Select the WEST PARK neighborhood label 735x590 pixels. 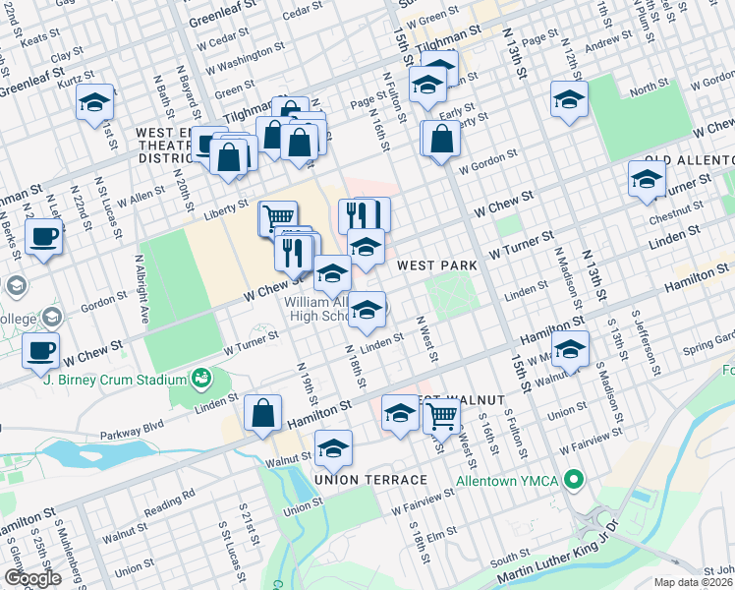pyautogui.click(x=436, y=265)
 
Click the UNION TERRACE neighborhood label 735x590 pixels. pyautogui.click(x=370, y=479)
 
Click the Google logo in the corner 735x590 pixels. pyautogui.click(x=31, y=578)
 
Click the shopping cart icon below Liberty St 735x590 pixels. pyautogui.click(x=278, y=215)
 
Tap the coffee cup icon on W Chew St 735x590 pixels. pyautogui.click(x=41, y=350)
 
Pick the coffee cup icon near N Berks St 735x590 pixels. pyautogui.click(x=44, y=237)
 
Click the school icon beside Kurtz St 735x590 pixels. pyautogui.click(x=95, y=102)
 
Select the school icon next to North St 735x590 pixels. pyautogui.click(x=569, y=99)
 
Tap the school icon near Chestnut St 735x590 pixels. pyautogui.click(x=647, y=179)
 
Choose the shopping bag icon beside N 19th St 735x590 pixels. pyautogui.click(x=263, y=413)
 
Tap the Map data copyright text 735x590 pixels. pyautogui.click(x=695, y=582)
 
